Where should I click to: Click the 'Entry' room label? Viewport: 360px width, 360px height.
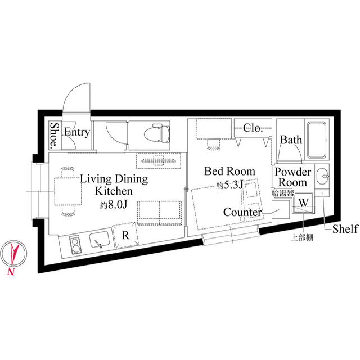[x=77, y=132]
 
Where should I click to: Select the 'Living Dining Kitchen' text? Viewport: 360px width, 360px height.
[x=114, y=185]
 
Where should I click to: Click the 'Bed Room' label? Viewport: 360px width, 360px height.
[x=229, y=171]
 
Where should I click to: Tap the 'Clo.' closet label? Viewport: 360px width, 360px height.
[x=253, y=128]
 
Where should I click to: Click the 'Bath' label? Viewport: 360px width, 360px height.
[x=291, y=140]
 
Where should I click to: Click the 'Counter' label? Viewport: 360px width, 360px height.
[x=242, y=213]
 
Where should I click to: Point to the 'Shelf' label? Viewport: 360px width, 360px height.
[x=345, y=229]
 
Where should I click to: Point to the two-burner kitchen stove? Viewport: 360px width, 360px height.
[x=74, y=245]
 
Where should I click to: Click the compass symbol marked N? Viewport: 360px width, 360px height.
[x=12, y=255]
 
